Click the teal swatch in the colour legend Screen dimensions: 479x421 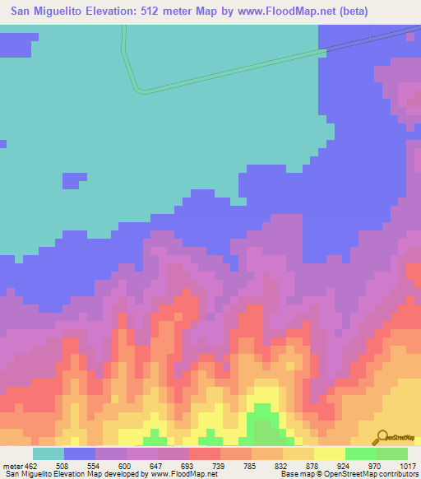pyautogui.click(x=49, y=453)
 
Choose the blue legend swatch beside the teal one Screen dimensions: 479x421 pyautogui.click(x=80, y=453)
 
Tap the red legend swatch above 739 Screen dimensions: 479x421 pyautogui.click(x=205, y=453)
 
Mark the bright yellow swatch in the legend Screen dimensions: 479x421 pyautogui.click(x=330, y=453)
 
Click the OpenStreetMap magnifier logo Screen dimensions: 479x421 pyautogui.click(x=382, y=435)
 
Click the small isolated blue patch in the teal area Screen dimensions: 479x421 pyautogui.click(x=75, y=179)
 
